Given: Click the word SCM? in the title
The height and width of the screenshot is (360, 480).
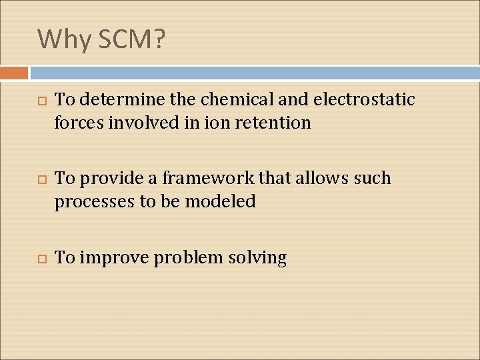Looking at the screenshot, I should (131, 39).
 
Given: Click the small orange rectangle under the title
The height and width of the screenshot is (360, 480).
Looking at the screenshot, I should (14, 73).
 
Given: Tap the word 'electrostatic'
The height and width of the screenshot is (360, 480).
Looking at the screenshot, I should (363, 100).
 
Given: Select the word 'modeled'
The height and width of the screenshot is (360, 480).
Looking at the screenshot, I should (222, 201).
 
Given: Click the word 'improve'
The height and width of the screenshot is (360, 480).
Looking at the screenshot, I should (114, 258).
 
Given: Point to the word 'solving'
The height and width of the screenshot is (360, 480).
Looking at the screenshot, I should (257, 258).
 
